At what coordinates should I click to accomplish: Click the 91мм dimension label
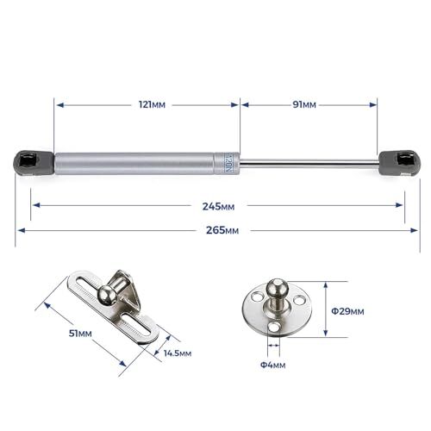pyautogui.click(x=303, y=104)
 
